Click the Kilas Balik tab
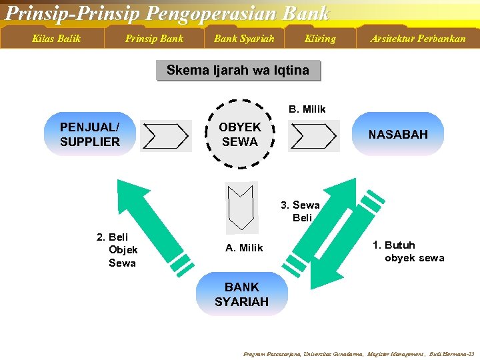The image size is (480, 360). [x=57, y=39]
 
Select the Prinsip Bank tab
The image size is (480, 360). [x=154, y=39]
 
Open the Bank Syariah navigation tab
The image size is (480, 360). [x=244, y=39]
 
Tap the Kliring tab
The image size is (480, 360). [x=320, y=39]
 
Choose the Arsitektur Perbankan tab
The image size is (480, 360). [x=418, y=39]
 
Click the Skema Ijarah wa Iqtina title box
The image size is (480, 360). [x=238, y=71]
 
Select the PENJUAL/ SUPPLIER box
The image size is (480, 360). [x=90, y=135]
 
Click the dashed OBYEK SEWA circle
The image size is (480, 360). [x=240, y=135]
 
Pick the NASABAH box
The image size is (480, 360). [x=398, y=135]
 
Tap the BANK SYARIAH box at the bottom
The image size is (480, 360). [x=241, y=295]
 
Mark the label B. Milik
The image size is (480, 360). [x=307, y=109]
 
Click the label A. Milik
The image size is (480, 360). [x=244, y=248]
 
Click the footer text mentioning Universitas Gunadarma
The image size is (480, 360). [x=359, y=354]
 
